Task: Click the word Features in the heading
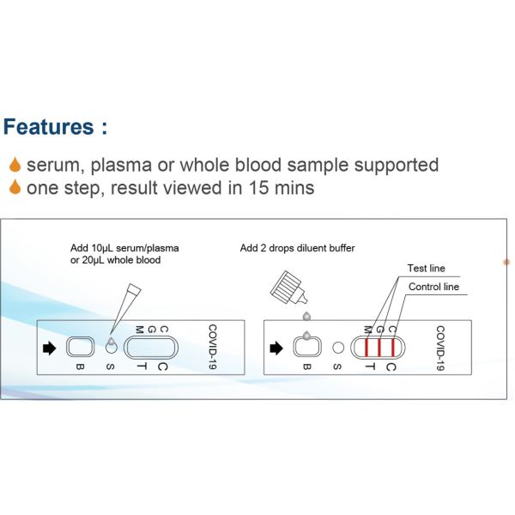click(49, 127)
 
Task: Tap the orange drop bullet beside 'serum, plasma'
click(15, 165)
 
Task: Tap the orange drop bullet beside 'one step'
click(15, 187)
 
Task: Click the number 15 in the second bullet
click(258, 187)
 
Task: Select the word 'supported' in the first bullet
click(396, 165)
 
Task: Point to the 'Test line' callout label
click(426, 269)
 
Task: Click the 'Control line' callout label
click(433, 287)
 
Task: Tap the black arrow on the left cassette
click(50, 348)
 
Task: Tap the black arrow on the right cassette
click(276, 348)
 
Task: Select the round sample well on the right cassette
click(338, 348)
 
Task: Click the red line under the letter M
click(367, 348)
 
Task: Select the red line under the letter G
click(379, 348)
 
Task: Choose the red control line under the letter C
click(393, 348)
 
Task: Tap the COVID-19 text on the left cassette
click(213, 347)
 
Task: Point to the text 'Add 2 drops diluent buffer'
click(297, 248)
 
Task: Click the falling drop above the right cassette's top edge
click(306, 316)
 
